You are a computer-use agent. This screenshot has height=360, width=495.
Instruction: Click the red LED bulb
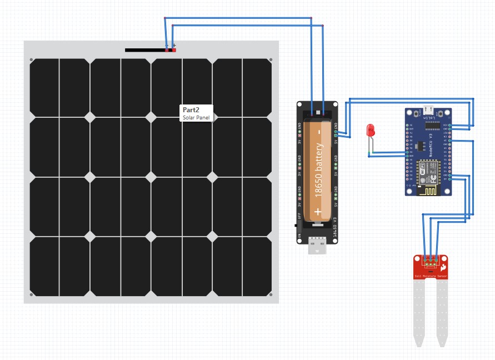pyautogui.click(x=371, y=131)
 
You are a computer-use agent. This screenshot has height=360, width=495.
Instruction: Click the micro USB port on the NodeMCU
pyautogui.click(x=428, y=109)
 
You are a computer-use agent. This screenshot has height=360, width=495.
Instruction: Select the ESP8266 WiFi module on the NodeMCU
pyautogui.click(x=427, y=177)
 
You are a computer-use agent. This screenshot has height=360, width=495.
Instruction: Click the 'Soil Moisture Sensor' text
pyautogui.click(x=431, y=276)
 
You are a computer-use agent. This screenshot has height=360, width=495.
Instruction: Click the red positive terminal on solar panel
pyautogui.click(x=174, y=50)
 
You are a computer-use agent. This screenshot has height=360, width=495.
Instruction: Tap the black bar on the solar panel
pyautogui.click(x=144, y=50)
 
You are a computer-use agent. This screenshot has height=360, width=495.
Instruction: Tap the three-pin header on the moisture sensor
pyautogui.click(x=431, y=259)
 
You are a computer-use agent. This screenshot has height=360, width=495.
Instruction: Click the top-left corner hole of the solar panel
pyautogui.click(x=32, y=60)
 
